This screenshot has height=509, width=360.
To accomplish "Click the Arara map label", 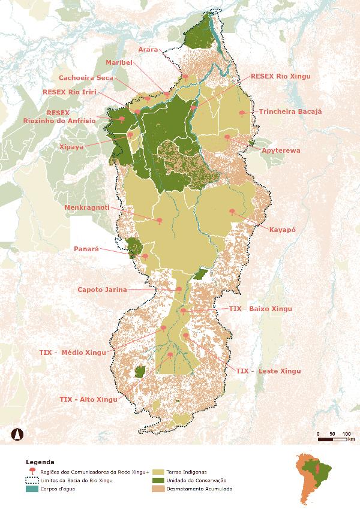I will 148,50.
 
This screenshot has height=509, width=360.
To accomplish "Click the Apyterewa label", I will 280,150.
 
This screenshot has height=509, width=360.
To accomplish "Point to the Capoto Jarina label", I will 102,290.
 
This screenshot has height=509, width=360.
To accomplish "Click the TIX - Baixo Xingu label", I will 260,309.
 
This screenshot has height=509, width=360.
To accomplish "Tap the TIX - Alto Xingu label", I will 89,399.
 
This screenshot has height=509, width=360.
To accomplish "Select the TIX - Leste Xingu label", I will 268,371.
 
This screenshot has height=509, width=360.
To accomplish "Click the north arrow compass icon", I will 18,433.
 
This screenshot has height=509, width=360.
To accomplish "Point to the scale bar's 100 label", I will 346,433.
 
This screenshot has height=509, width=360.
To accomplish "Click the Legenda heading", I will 40,462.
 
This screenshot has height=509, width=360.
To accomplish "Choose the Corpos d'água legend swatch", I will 31,489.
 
